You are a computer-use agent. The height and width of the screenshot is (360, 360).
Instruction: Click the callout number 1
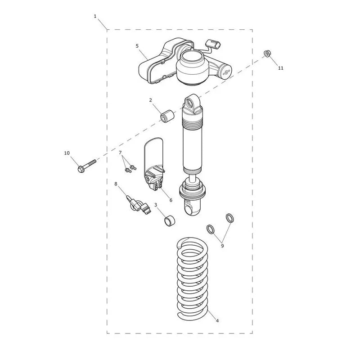[95, 16]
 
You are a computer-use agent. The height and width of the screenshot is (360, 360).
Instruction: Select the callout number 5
[137, 46]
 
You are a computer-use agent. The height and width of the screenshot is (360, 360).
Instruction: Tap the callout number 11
[280, 68]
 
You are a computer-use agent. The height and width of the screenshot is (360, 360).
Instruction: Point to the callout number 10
[67, 153]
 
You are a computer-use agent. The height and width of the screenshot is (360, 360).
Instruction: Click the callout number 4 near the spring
[217, 320]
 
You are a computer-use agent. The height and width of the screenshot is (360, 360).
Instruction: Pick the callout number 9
[222, 246]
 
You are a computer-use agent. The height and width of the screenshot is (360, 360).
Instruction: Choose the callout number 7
[120, 153]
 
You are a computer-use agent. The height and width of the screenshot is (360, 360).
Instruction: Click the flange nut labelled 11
[266, 54]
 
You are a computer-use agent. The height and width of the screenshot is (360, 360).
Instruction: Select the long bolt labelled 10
[87, 166]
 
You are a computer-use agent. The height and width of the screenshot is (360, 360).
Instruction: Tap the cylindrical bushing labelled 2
[167, 116]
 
